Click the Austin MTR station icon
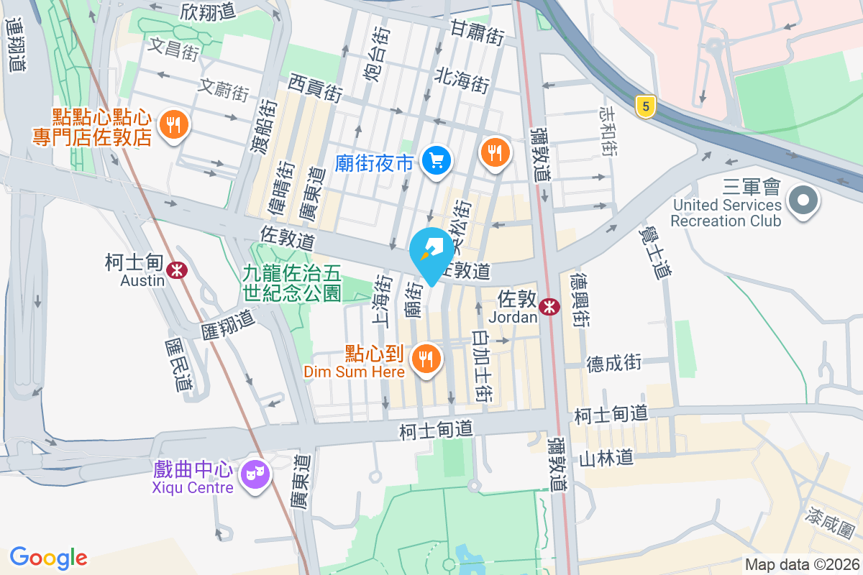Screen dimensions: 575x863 click(x=176, y=270)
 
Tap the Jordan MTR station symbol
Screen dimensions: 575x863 click(x=550, y=307)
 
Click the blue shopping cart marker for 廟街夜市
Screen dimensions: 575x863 click(x=436, y=160)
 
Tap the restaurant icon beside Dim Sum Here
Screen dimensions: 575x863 click(x=426, y=357)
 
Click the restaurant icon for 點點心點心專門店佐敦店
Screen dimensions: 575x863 click(x=173, y=125)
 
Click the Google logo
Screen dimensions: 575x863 click(x=48, y=558)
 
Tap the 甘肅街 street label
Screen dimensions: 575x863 click(x=478, y=32)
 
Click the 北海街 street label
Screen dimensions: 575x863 click(x=462, y=80)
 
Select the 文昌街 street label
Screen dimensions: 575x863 click(x=173, y=49)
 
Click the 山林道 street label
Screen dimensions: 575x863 click(x=606, y=457)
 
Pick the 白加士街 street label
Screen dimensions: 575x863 click(x=482, y=366)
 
